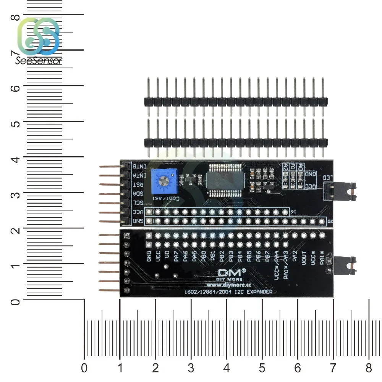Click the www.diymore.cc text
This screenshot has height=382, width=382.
[228, 285]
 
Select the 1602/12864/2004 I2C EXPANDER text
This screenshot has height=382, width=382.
[228, 292]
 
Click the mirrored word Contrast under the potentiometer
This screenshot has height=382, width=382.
[163, 198]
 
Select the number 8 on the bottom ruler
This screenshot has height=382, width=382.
[369, 368]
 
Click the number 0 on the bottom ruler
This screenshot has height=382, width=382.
[84, 368]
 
